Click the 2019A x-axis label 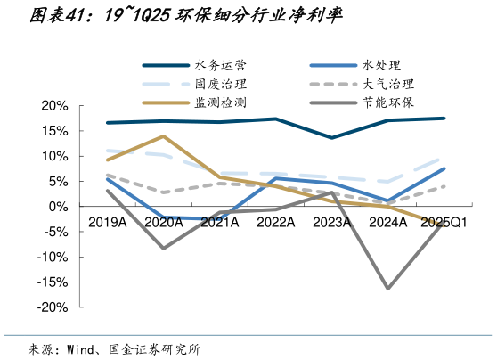(107, 221)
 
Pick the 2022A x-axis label (275, 221)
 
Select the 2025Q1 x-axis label (443, 221)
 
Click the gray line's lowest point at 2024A (387, 288)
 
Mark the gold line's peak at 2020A (163, 136)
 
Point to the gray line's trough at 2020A (163, 248)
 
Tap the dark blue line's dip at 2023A (331, 137)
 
